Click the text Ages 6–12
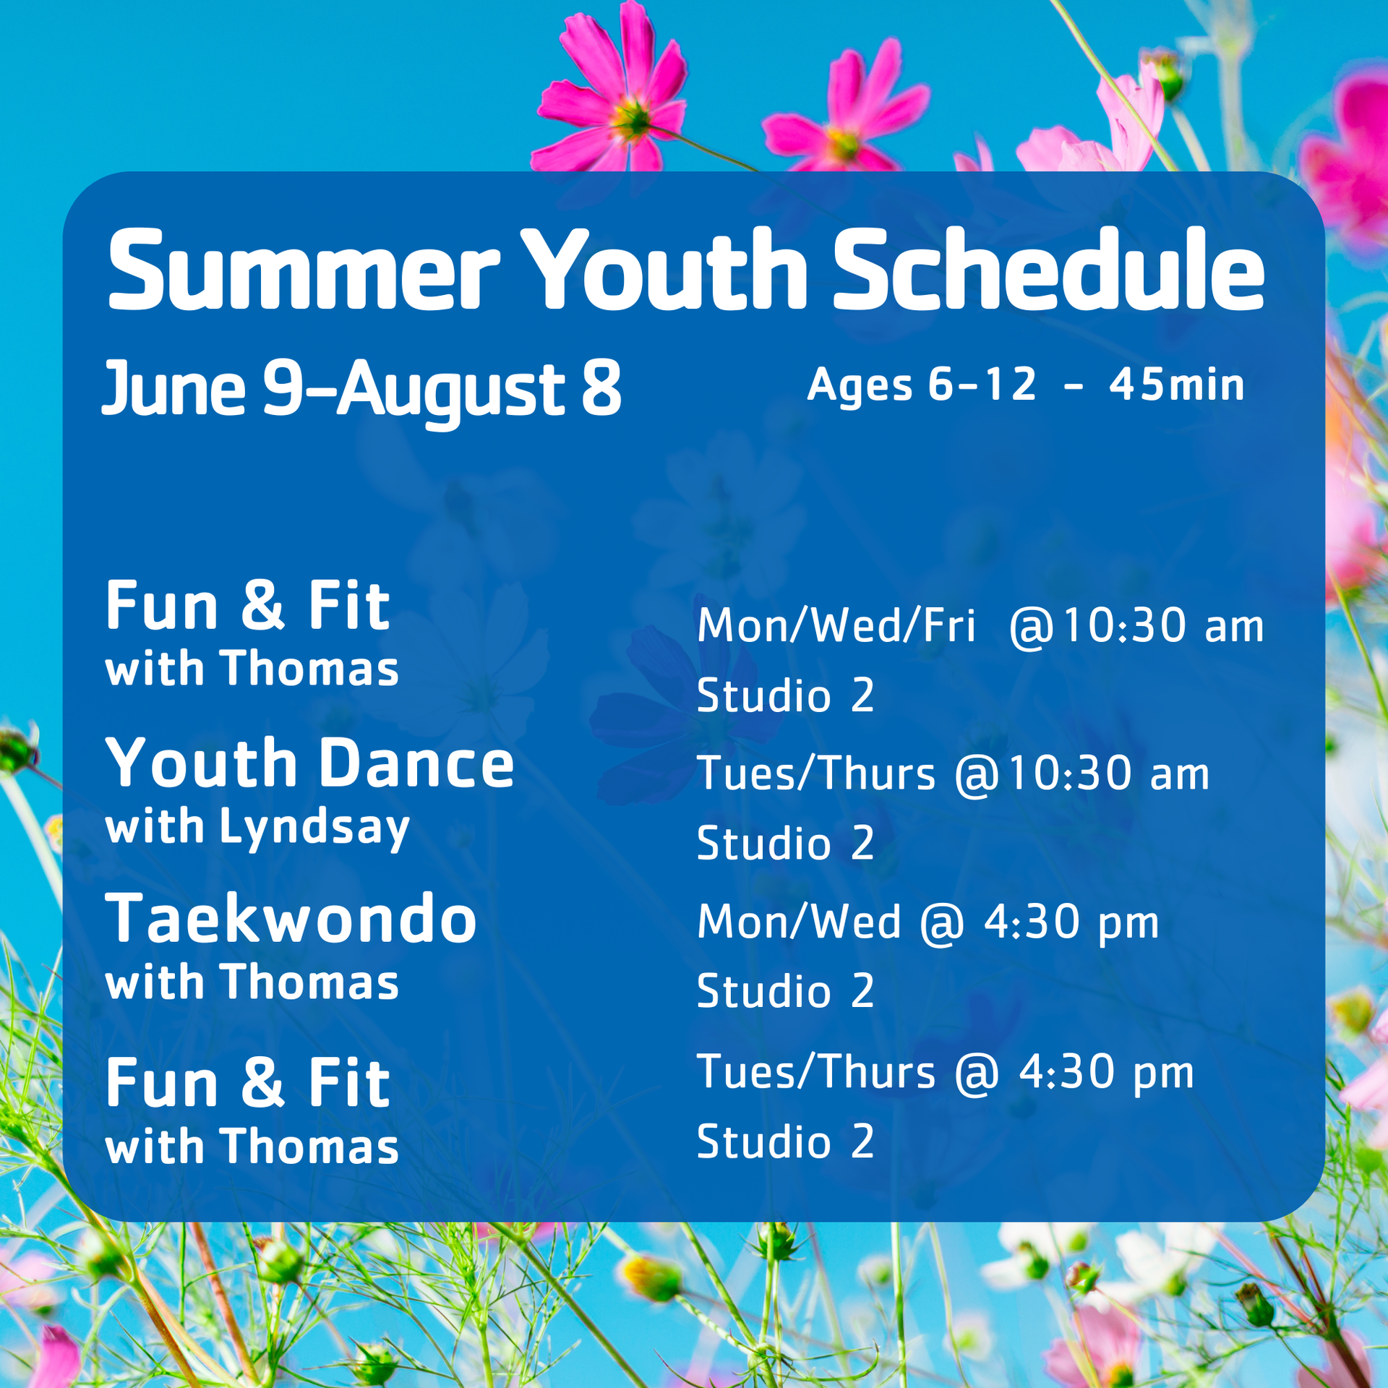click(x=922, y=385)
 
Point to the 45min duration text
click(x=1177, y=385)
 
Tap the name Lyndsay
click(x=314, y=828)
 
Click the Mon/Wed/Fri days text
click(x=836, y=625)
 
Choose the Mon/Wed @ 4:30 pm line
click(x=928, y=922)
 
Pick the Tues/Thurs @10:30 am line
click(x=954, y=774)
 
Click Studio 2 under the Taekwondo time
click(x=786, y=990)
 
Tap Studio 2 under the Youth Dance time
click(x=786, y=843)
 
